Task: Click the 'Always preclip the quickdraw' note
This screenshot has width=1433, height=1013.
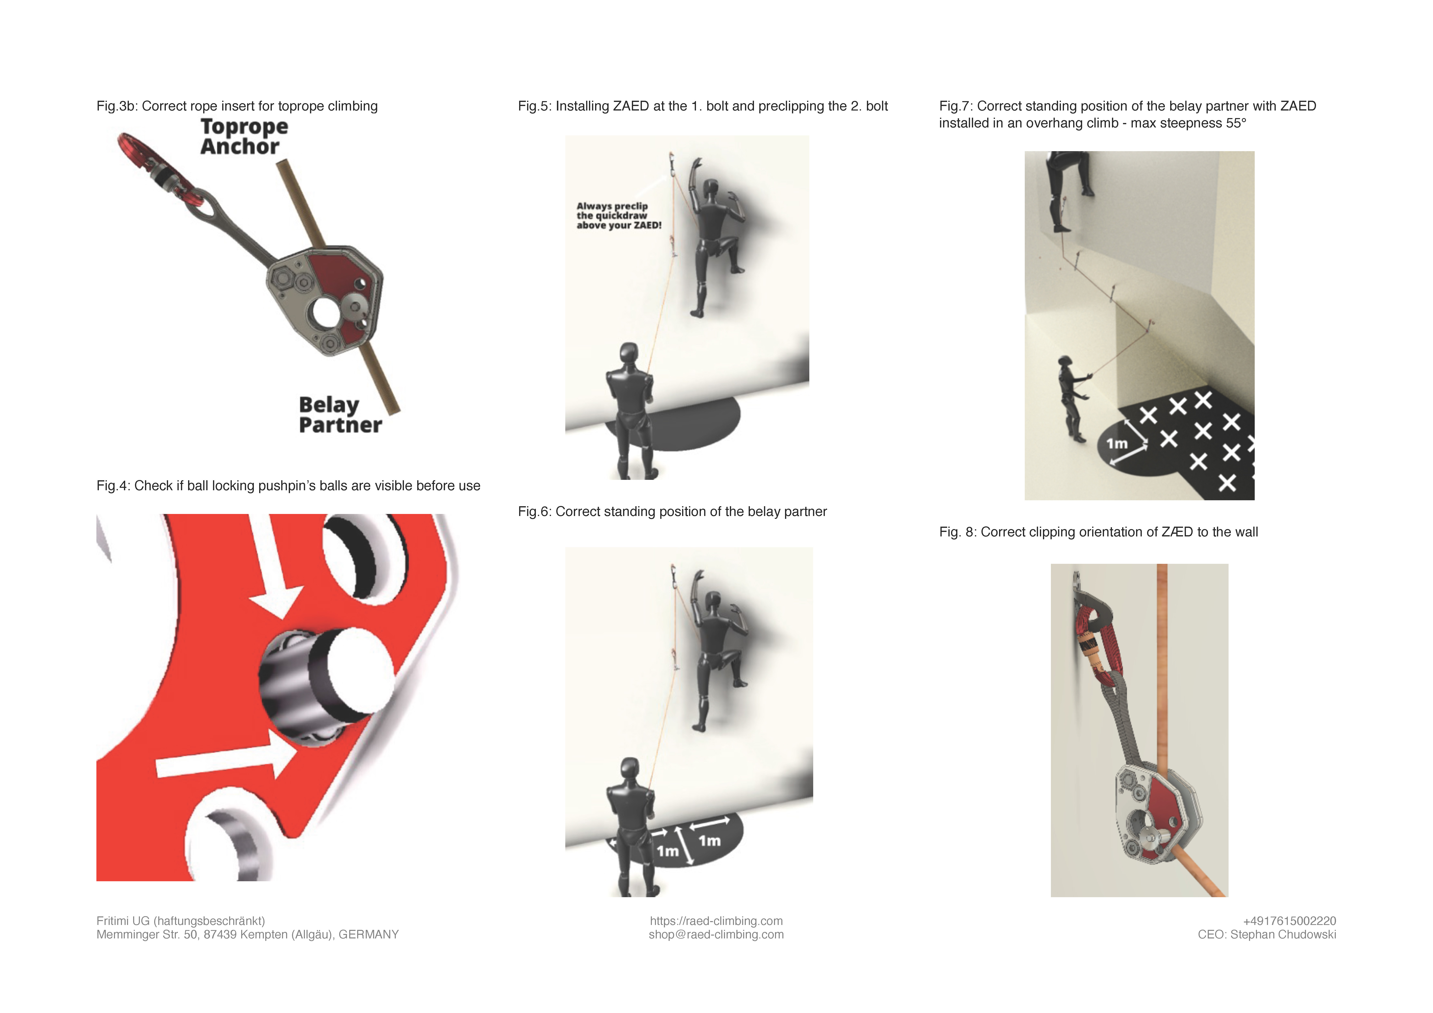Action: click(x=619, y=215)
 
